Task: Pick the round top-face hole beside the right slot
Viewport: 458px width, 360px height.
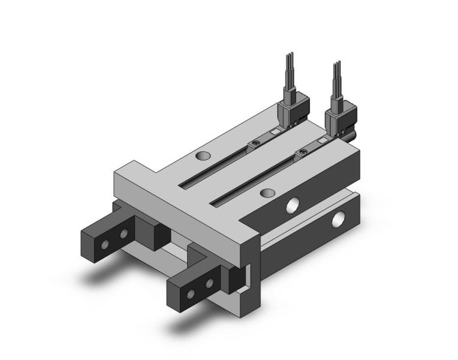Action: click(x=269, y=193)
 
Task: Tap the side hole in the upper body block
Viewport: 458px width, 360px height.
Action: click(x=293, y=205)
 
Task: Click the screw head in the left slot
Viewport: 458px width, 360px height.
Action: click(x=256, y=143)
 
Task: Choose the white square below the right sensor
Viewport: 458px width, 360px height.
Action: click(x=324, y=141)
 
